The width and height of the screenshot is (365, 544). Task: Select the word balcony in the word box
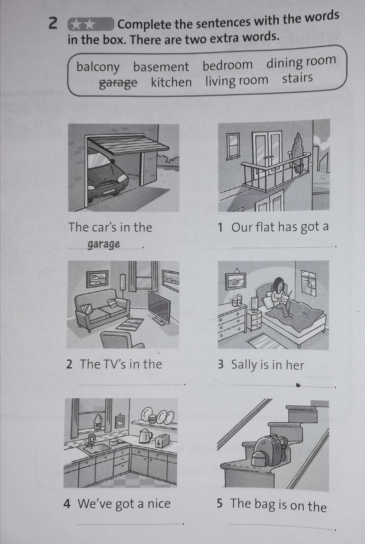98,67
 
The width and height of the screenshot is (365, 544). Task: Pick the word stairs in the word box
298,78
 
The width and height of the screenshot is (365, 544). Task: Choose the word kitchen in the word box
171,82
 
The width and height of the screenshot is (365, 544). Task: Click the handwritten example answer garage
104,244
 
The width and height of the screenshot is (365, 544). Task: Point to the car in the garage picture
106,177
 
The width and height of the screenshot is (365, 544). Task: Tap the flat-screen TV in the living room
159,307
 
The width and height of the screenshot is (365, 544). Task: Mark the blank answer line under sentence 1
283,247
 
